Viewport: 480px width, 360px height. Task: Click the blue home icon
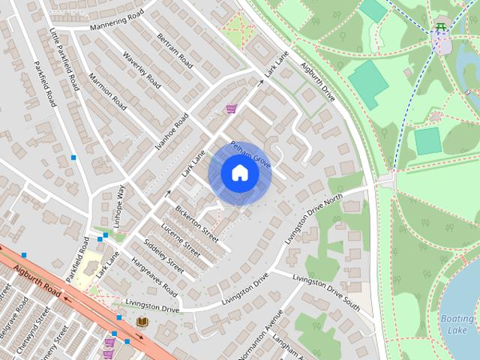(x=239, y=173)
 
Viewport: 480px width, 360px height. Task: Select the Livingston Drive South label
(x=326, y=293)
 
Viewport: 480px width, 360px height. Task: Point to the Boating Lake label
(x=457, y=324)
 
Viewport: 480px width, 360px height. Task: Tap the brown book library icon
(x=142, y=322)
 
